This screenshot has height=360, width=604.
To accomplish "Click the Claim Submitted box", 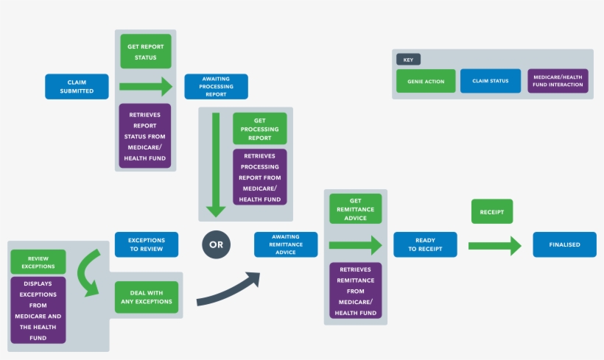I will click(77, 86).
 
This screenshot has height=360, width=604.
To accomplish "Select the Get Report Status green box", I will click(146, 52).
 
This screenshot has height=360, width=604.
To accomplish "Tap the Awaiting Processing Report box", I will click(216, 86).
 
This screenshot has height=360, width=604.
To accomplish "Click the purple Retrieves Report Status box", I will click(145, 136).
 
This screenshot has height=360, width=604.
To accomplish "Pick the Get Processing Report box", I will click(259, 129).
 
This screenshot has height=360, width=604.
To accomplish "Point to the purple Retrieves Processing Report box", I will click(259, 177).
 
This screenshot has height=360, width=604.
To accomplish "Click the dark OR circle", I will click(217, 244).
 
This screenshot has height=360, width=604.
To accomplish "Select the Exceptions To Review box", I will click(147, 244).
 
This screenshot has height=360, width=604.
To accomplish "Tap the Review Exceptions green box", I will click(38, 261).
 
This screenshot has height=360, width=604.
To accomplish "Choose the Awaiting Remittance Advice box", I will click(286, 244).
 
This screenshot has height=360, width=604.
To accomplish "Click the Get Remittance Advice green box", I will click(355, 208).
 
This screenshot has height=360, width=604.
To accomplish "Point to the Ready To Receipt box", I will click(425, 244).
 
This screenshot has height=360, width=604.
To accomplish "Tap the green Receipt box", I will click(491, 211).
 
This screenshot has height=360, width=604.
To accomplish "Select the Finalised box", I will click(564, 244).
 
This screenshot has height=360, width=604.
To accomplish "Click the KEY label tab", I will click(409, 60).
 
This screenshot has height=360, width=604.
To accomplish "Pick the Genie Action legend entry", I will click(426, 81).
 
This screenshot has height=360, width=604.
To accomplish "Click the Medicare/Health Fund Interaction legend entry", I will click(558, 81).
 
